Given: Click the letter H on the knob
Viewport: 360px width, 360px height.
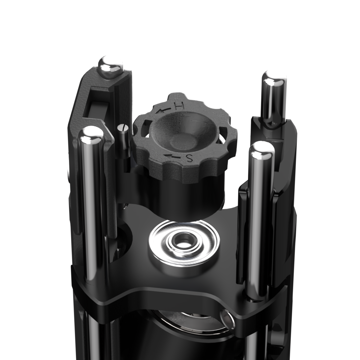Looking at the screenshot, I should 179,106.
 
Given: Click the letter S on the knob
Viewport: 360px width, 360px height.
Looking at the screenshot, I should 189,159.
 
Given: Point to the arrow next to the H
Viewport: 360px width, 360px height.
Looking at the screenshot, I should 164,110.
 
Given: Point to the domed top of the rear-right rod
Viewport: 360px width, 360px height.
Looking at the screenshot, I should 274,78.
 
